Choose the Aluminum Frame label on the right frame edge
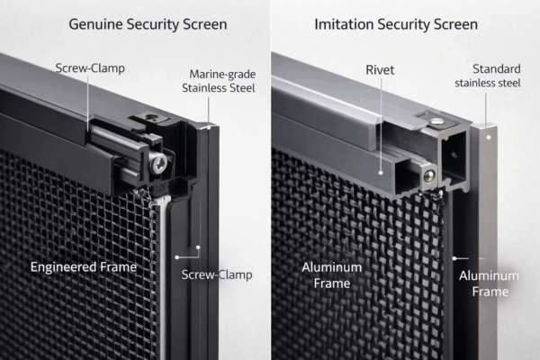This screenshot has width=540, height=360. tap(489, 283)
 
